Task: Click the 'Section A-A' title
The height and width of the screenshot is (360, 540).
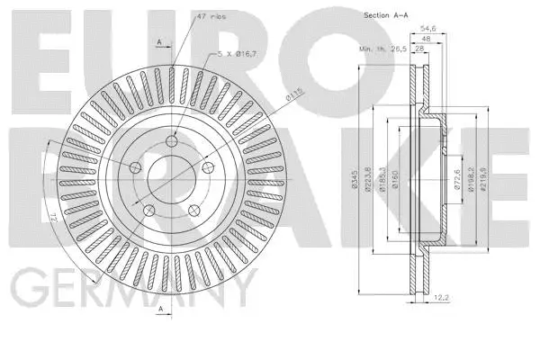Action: click(386, 16)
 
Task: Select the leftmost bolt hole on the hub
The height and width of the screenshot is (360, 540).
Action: click(136, 166)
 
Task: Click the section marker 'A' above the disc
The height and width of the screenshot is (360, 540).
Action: click(160, 41)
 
